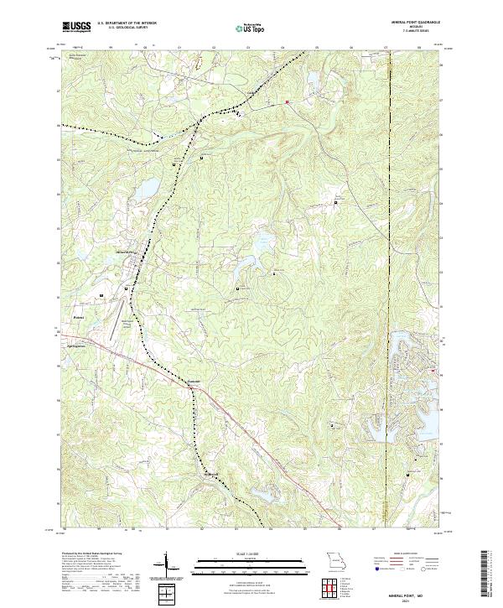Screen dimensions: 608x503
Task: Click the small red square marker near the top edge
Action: (x=287, y=102)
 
